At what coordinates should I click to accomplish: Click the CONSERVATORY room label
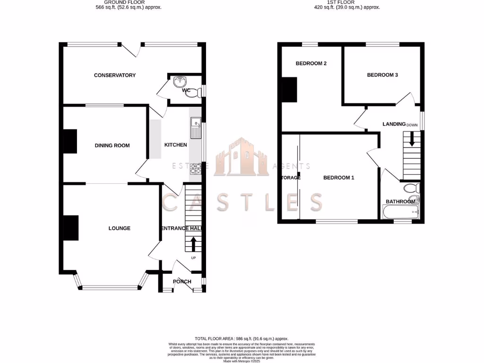coord(114,75)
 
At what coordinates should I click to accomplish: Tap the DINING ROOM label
coord(112,146)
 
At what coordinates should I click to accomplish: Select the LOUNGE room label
coord(119,228)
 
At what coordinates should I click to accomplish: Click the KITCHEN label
coord(175,145)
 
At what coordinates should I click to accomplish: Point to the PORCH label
coord(182,282)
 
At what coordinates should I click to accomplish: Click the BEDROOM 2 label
coord(311,63)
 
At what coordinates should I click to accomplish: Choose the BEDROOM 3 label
coord(382,75)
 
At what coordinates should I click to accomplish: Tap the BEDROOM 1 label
coord(338,178)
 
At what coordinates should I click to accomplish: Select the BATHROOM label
coord(400,202)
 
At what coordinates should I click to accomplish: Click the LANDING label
coord(394,124)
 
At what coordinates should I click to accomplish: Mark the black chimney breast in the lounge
coord(71,228)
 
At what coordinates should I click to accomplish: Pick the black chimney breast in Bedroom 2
coord(289,90)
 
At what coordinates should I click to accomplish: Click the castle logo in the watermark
coord(241,158)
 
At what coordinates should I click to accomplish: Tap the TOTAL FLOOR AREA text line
coord(242,339)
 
